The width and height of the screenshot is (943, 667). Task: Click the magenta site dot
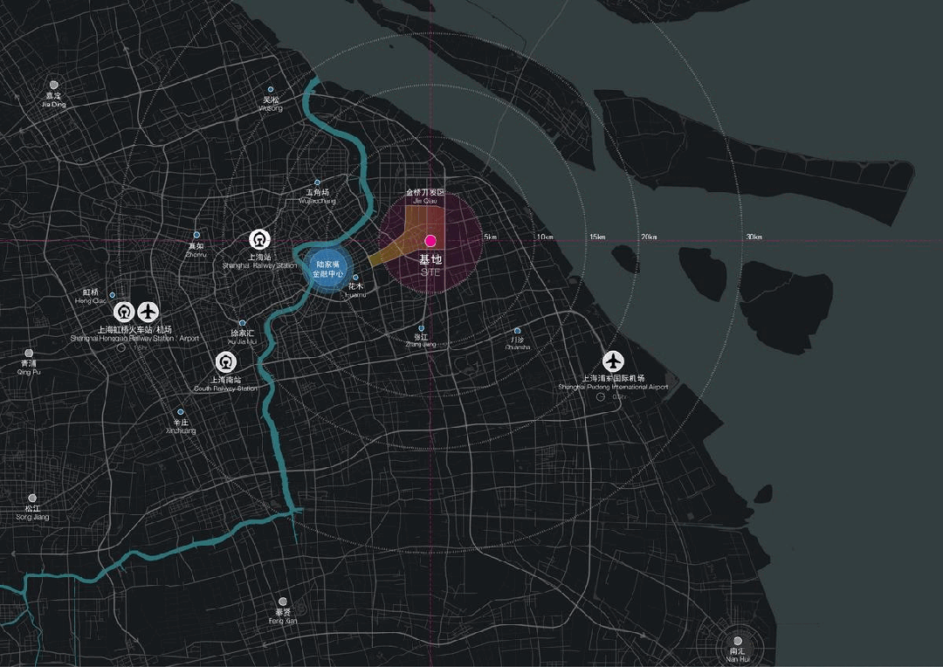point(430,240)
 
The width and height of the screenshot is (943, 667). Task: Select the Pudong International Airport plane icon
point(614,361)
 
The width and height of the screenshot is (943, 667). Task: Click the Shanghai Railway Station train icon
point(259,239)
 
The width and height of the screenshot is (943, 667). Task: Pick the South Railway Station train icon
point(225,361)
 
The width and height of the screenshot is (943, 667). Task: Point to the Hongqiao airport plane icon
point(148,311)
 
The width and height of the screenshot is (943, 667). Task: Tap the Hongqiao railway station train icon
point(123,311)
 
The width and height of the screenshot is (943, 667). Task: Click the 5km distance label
point(490,237)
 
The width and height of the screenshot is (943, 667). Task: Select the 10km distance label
point(545,237)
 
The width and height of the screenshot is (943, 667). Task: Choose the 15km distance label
point(597,237)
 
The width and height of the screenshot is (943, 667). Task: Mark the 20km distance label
point(649,237)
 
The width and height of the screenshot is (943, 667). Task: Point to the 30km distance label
point(754,237)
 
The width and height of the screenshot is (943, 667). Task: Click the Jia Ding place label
point(53,105)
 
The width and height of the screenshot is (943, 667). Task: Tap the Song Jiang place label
point(32,518)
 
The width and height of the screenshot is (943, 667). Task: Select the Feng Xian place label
point(283,621)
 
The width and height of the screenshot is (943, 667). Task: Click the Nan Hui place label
point(737,659)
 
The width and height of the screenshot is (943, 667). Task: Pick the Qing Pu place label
point(29,372)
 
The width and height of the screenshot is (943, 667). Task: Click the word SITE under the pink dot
point(430,273)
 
